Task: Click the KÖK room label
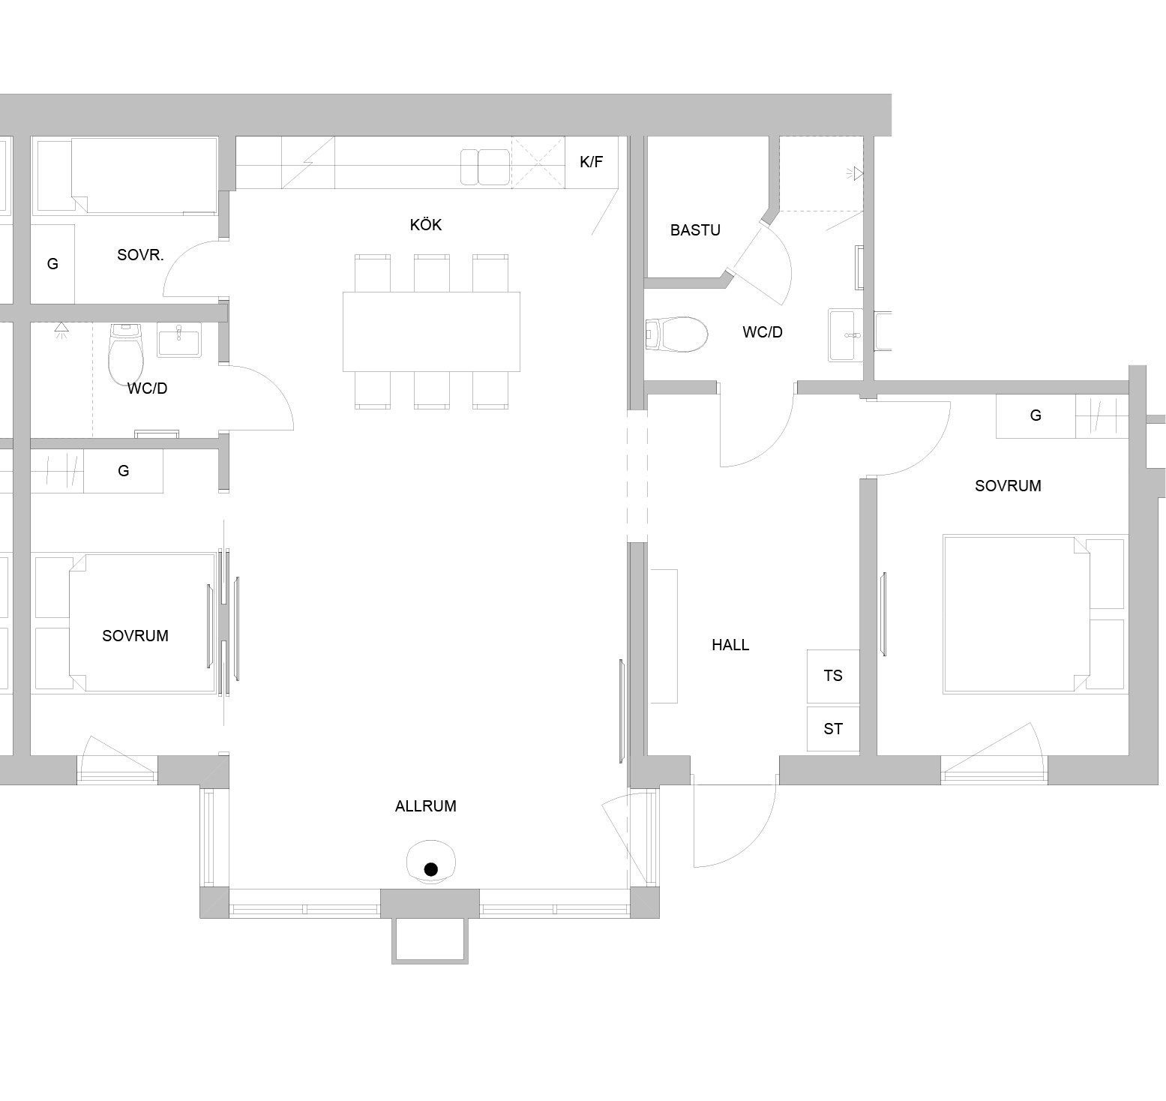coord(426,224)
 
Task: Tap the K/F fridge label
coord(592,161)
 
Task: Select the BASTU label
coord(695,230)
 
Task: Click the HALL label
coord(730,645)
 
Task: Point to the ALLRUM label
coord(426,806)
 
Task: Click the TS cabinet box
coord(833,676)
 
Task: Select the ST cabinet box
coord(833,728)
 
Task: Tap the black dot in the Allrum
coord(430,869)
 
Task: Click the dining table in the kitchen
coord(431,331)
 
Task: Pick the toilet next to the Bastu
coord(676,334)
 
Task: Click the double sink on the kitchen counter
coord(485,166)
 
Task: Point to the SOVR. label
coord(140,255)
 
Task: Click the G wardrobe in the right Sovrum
coord(1036,415)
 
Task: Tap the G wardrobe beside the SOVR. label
coord(52,264)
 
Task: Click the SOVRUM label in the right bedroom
coord(1008,486)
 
